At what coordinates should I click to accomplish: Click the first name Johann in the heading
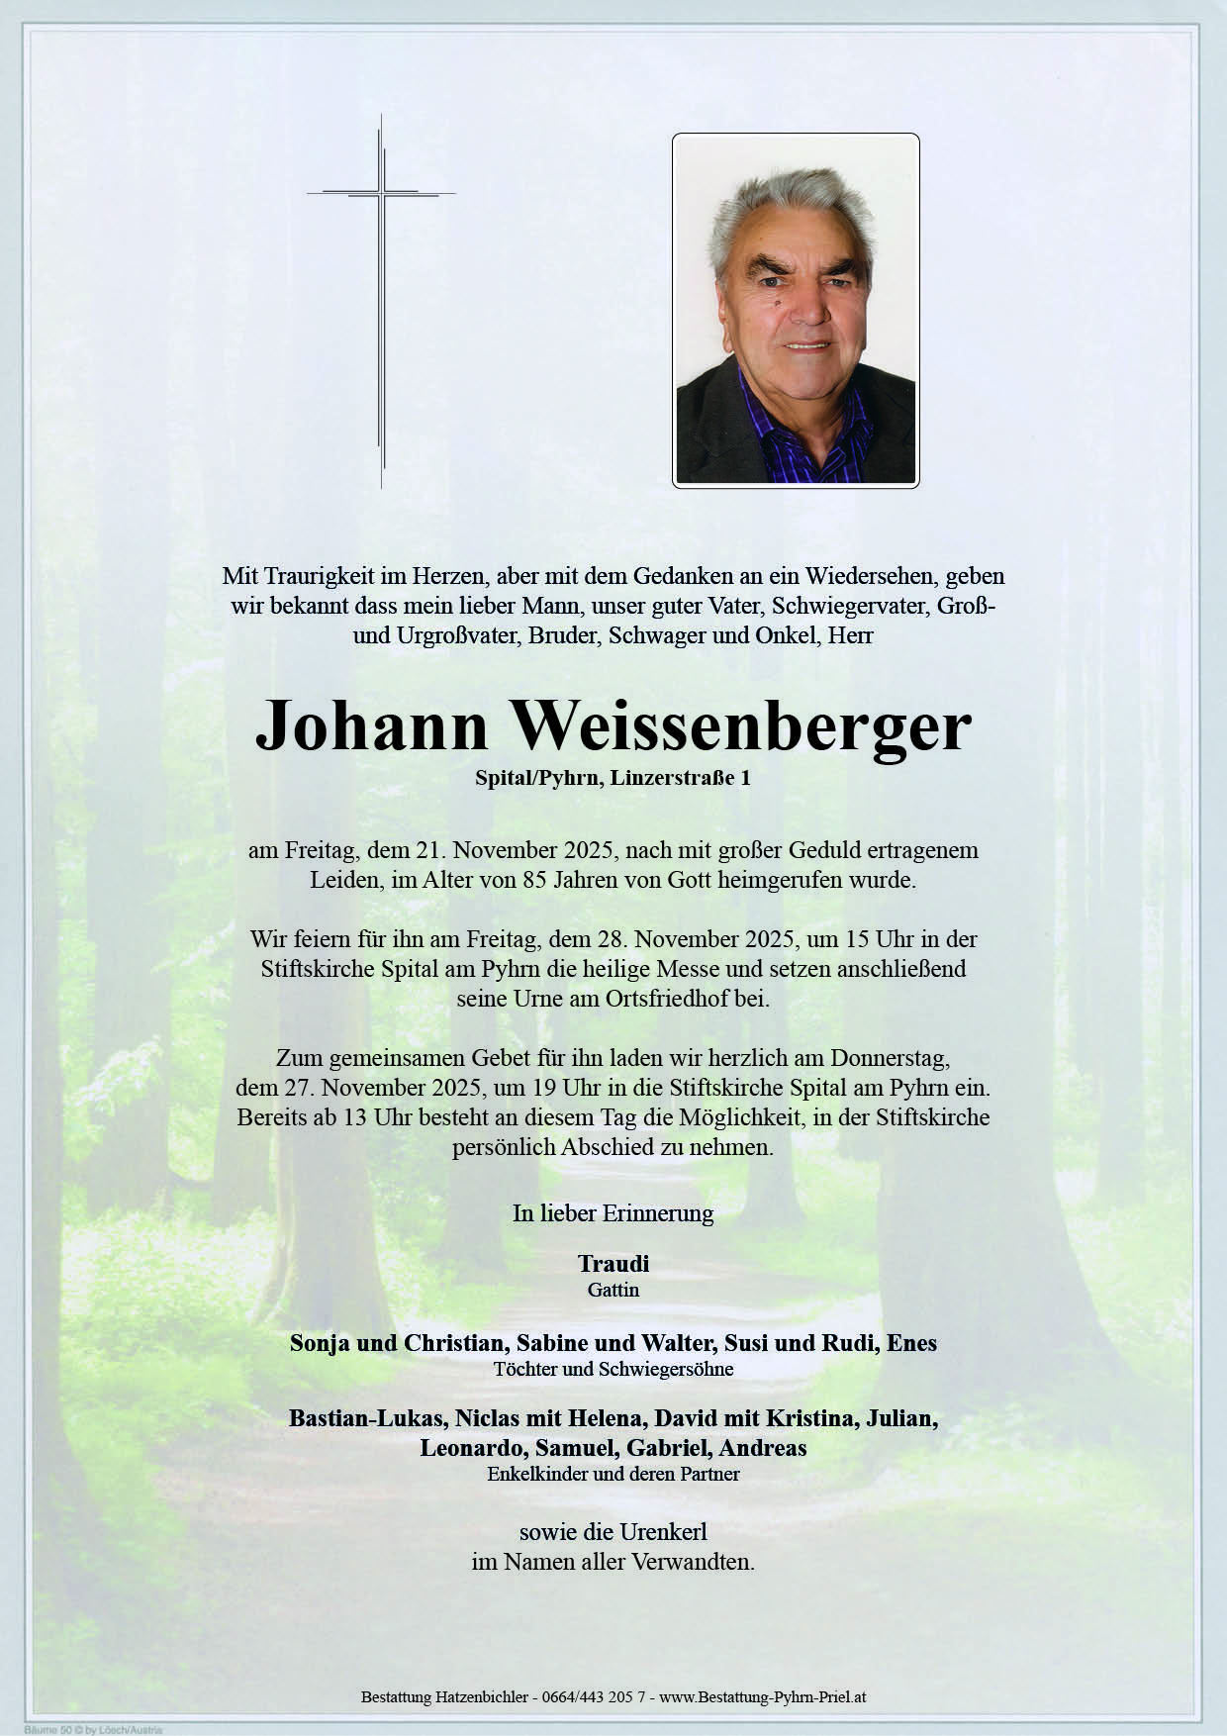(x=372, y=726)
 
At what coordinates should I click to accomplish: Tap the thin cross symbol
(x=381, y=297)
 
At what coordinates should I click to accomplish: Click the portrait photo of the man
(x=796, y=310)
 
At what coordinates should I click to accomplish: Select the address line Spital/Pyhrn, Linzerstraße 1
(x=613, y=778)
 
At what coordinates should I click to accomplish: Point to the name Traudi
(x=613, y=1264)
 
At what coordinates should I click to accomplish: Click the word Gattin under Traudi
(x=613, y=1290)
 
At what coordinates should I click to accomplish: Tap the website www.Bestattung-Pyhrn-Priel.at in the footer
(x=763, y=1696)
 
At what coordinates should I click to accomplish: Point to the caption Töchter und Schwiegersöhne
(x=613, y=1370)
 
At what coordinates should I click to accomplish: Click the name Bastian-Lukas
(x=366, y=1418)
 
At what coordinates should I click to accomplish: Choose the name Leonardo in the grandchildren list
(x=474, y=1448)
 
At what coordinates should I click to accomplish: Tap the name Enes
(x=911, y=1343)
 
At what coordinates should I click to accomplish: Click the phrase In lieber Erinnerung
(x=613, y=1212)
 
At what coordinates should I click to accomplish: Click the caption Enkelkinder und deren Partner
(x=613, y=1474)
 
